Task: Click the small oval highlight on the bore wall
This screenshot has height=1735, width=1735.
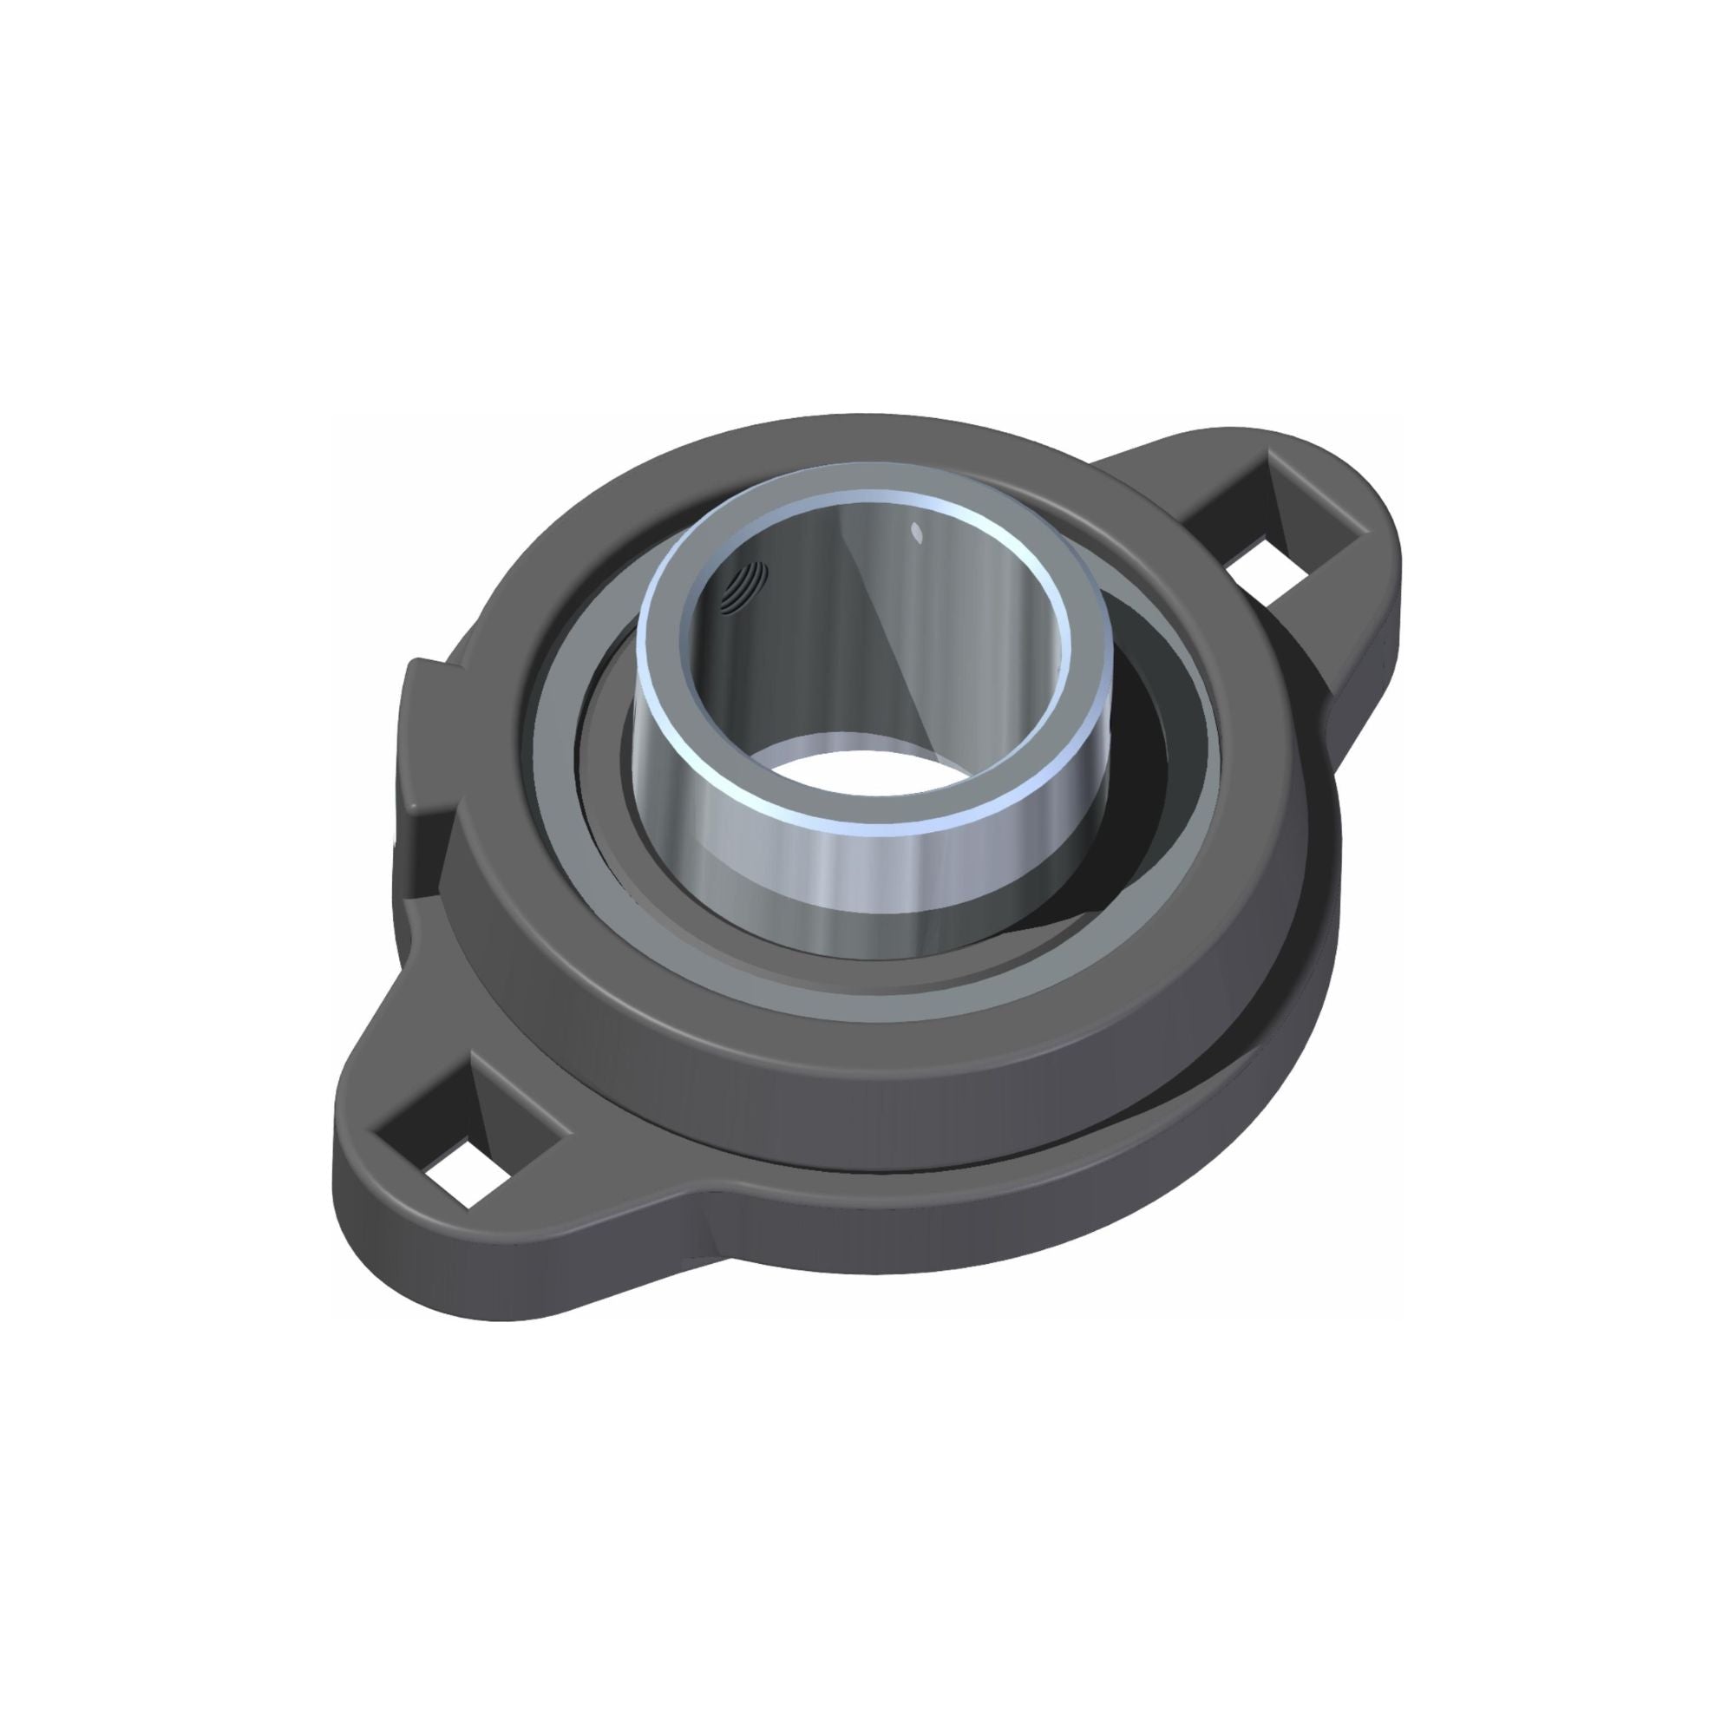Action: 917,532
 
